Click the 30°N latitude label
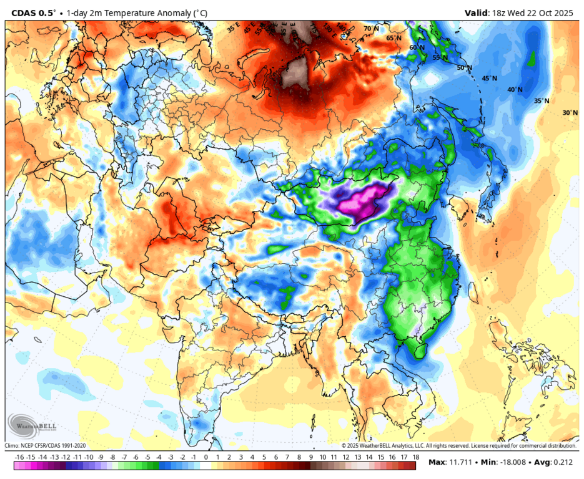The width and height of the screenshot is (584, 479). tap(570, 113)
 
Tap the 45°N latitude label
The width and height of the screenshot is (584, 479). tap(489, 79)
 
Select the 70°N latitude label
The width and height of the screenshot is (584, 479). tap(372, 29)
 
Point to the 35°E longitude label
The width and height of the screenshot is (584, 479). tap(234, 28)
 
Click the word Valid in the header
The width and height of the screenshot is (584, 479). tap(478, 12)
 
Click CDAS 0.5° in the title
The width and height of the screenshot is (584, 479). tap(33, 12)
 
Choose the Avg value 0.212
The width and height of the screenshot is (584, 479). tap(564, 462)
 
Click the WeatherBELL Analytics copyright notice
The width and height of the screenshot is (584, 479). tap(458, 445)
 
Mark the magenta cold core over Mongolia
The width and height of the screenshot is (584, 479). tap(359, 201)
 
